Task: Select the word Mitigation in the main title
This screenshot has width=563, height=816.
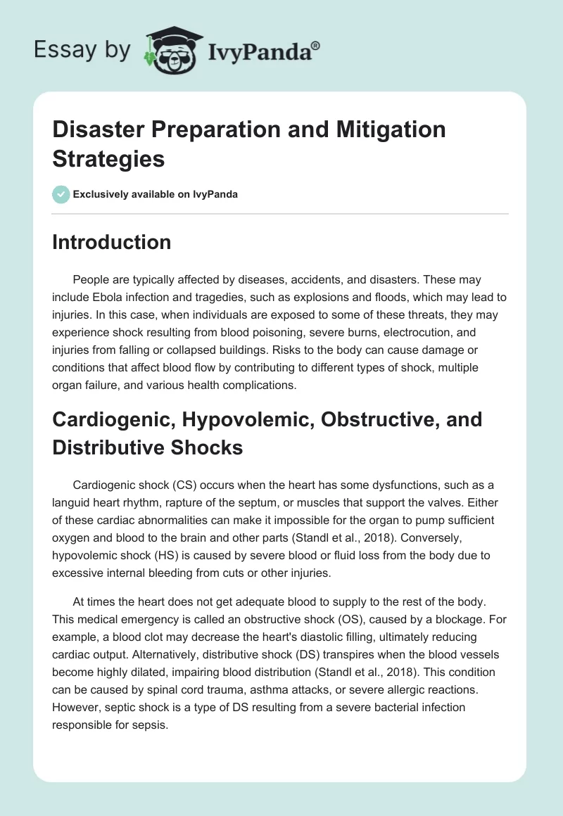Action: point(384,129)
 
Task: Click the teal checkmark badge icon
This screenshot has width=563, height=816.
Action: point(61,194)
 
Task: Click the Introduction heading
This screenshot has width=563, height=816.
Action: point(111,242)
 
